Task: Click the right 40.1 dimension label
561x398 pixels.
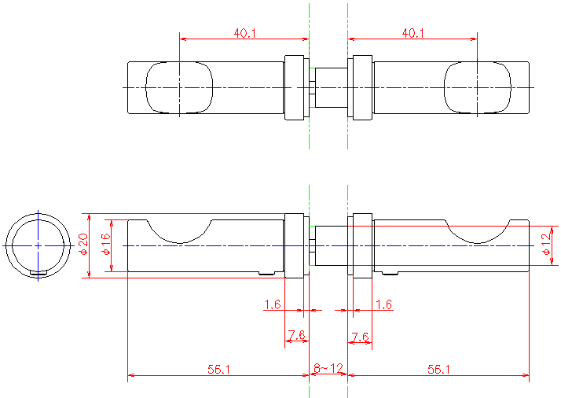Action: pyautogui.click(x=413, y=33)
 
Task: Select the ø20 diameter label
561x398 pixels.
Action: pyautogui.click(x=82, y=245)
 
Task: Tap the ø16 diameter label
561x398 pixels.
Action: pyautogui.click(x=106, y=245)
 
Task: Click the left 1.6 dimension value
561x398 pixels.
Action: pyautogui.click(x=273, y=304)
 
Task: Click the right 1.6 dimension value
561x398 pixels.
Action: pyautogui.click(x=384, y=304)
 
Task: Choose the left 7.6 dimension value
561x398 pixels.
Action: pyautogui.click(x=296, y=336)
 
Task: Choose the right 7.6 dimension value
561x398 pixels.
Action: pyautogui.click(x=360, y=337)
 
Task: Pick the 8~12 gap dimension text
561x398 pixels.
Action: pyautogui.click(x=328, y=368)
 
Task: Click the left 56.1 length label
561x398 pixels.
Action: pyautogui.click(x=218, y=368)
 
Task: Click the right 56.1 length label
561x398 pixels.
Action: pyautogui.click(x=438, y=368)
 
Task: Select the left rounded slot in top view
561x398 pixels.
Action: pyautogui.click(x=179, y=87)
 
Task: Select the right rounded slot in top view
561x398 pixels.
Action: pyautogui.click(x=478, y=87)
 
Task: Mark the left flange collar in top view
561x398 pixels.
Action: pyautogui.click(x=294, y=87)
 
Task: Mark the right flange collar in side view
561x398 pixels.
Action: pyautogui.click(x=361, y=245)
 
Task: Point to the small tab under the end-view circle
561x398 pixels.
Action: pyautogui.click(x=38, y=273)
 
